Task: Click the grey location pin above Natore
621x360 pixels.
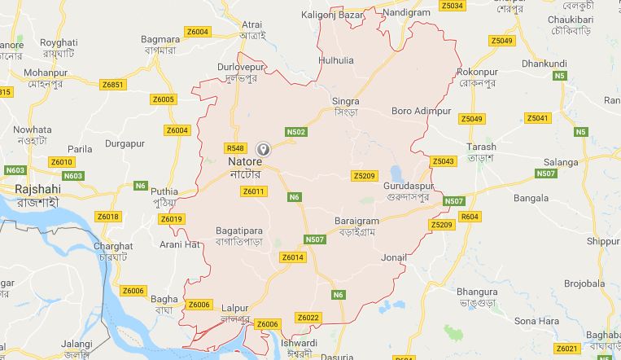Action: [263, 149]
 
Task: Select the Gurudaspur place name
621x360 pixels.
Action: [405, 187]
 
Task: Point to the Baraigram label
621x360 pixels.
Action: [357, 221]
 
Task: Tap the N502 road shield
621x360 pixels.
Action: [296, 132]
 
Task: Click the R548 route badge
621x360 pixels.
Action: [235, 147]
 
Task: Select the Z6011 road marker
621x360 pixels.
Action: [254, 191]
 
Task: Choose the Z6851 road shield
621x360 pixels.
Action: [113, 85]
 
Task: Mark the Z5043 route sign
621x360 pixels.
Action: [443, 161]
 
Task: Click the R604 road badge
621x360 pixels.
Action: [470, 217]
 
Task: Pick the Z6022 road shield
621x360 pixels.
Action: [308, 318]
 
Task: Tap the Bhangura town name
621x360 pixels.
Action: [477, 291]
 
